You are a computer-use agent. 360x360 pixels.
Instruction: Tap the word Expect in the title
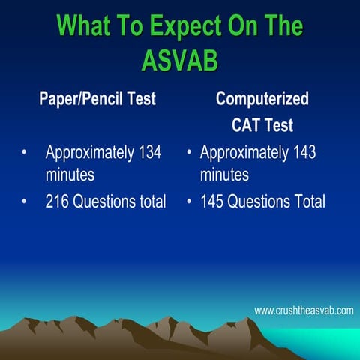click(175, 27)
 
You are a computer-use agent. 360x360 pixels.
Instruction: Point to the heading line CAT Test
click(262, 124)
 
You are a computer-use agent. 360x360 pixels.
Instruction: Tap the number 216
click(58, 202)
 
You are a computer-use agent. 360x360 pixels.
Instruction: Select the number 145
click(213, 202)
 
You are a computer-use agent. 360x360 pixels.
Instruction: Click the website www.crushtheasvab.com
click(304, 310)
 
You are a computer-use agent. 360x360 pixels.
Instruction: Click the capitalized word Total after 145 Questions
click(308, 202)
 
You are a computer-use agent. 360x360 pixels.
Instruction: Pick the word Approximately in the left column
click(88, 153)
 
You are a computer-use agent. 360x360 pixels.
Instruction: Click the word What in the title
click(83, 27)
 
